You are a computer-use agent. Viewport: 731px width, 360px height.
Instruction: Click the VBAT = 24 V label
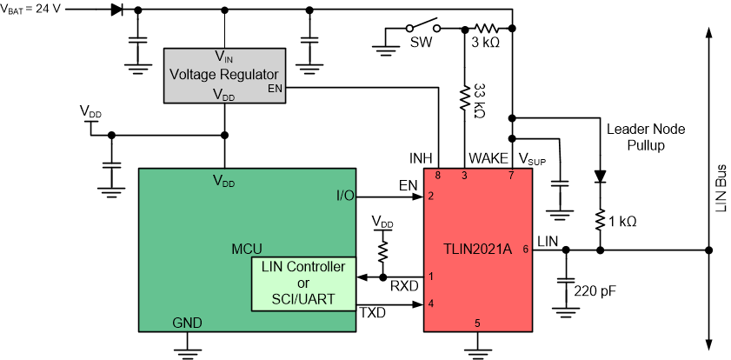point(32,11)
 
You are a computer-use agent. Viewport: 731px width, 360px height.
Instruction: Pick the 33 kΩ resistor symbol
point(464,99)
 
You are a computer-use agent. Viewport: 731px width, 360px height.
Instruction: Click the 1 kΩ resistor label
point(622,222)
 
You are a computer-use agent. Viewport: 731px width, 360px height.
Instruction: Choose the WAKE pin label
point(484,158)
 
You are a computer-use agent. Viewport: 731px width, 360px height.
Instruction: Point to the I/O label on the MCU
point(344,196)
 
